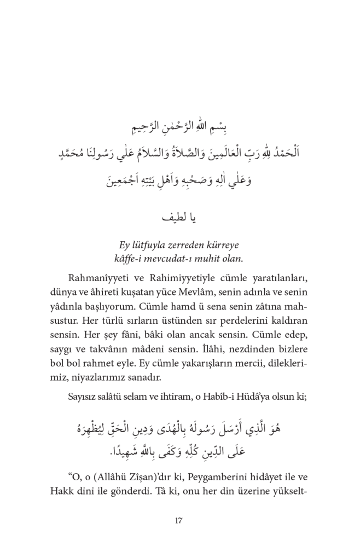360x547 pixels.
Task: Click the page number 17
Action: click(x=179, y=520)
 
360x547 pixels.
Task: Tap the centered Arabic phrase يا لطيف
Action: click(x=179, y=218)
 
